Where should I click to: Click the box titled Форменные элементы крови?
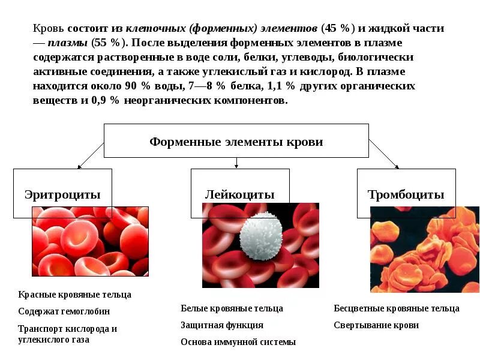coord(236,142)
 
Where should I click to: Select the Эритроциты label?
coord(62,194)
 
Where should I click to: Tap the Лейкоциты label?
coord(239,194)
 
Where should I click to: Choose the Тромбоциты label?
coord(406,194)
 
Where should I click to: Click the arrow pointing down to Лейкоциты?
coord(236,163)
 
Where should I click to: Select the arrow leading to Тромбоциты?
coord(384,154)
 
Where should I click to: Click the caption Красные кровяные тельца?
coord(74,295)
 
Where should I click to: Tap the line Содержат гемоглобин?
coord(64,311)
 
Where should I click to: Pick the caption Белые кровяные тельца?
coord(232,308)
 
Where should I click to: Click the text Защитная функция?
coord(222,325)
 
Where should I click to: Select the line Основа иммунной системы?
coord(238,342)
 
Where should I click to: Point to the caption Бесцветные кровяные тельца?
coord(397,308)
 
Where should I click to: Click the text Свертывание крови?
coord(376,325)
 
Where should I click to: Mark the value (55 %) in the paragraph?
coord(108,43)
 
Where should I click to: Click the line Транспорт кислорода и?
coord(67,329)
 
